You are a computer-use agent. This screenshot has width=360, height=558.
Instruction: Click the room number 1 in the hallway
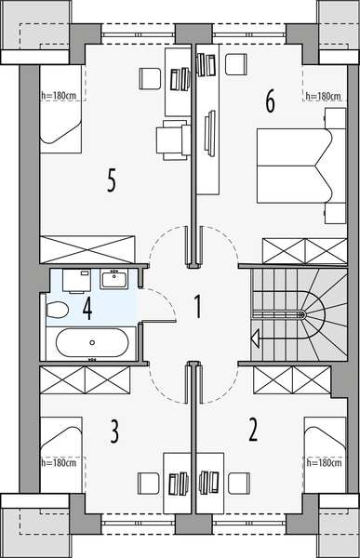(x=197, y=306)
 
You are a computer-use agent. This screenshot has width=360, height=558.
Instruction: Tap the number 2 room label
(x=252, y=430)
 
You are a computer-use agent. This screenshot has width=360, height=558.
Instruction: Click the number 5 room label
(x=112, y=180)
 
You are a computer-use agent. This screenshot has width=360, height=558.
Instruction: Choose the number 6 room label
(x=270, y=100)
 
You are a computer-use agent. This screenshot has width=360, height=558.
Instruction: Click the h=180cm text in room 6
(x=322, y=96)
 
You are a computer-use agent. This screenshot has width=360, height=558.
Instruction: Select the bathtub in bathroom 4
(x=90, y=343)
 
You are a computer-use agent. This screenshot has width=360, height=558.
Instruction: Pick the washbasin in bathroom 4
(x=117, y=278)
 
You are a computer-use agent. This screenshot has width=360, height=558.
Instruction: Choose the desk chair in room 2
(x=239, y=483)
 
